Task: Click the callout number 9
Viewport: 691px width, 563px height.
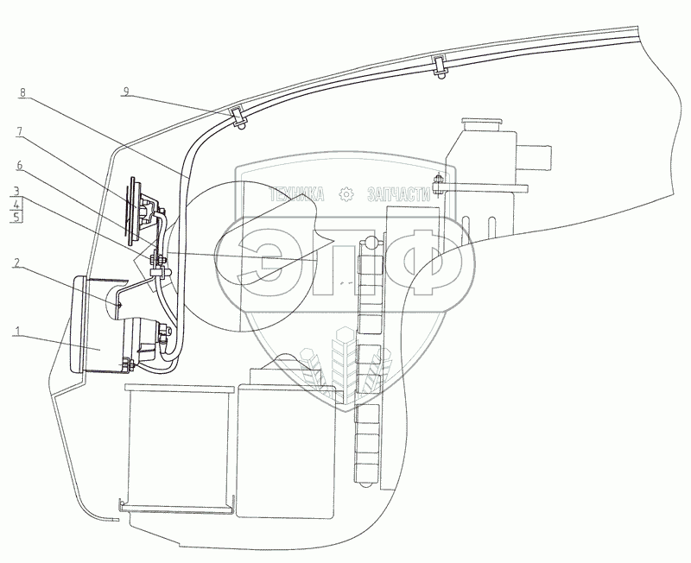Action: (127, 91)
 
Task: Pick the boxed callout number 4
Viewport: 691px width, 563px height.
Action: (17, 204)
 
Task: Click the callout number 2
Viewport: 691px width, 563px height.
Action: (17, 258)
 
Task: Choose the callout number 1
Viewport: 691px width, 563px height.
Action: (17, 328)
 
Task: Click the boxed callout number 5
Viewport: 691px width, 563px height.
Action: (17, 217)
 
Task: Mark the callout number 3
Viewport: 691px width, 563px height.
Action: (17, 191)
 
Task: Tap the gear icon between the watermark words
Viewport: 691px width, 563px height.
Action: (347, 196)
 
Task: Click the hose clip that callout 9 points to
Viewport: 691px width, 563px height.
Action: (237, 117)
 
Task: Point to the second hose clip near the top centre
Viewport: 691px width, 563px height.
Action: (438, 66)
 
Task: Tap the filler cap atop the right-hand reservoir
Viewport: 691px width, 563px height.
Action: (478, 126)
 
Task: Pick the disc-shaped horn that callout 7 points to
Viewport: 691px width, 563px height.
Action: (136, 205)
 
